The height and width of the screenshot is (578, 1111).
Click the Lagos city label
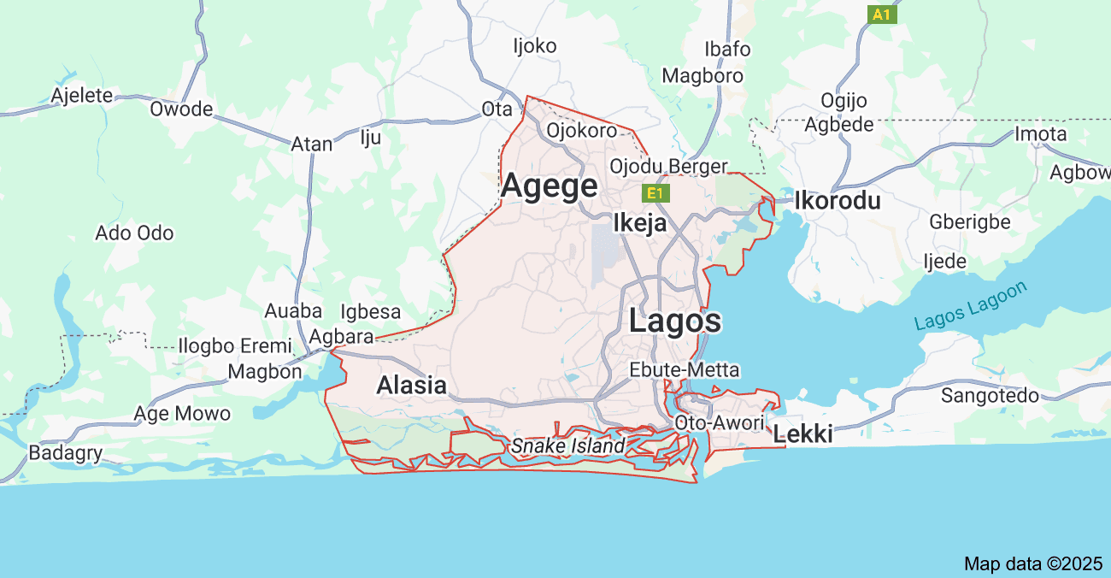pyautogui.click(x=675, y=321)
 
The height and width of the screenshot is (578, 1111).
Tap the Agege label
pyautogui.click(x=550, y=186)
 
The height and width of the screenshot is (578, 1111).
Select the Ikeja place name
pyautogui.click(x=640, y=223)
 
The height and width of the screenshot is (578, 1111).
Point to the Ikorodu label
pyautogui.click(x=837, y=201)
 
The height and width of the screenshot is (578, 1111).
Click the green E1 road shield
pyautogui.click(x=655, y=193)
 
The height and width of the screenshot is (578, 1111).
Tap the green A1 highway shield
pyautogui.click(x=882, y=15)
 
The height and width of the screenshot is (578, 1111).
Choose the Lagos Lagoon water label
pyautogui.click(x=970, y=306)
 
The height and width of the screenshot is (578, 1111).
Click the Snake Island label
pyautogui.click(x=568, y=445)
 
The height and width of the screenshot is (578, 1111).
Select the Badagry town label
pyautogui.click(x=66, y=453)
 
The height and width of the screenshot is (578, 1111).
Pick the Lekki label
pyautogui.click(x=802, y=434)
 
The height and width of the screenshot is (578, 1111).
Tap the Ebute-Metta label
pyautogui.click(x=685, y=370)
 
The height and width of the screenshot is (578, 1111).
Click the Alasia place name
pyautogui.click(x=412, y=386)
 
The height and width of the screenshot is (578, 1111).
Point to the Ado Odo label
pyautogui.click(x=134, y=233)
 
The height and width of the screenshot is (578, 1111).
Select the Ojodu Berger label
pyautogui.click(x=668, y=166)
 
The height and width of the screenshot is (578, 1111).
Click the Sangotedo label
pyautogui.click(x=990, y=395)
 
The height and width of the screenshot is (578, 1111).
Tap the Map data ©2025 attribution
pyautogui.click(x=1033, y=563)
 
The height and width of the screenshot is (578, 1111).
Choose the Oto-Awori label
pyautogui.click(x=719, y=422)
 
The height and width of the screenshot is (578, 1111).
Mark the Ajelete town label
pyautogui.click(x=82, y=95)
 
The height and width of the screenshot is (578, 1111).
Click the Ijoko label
pyautogui.click(x=534, y=45)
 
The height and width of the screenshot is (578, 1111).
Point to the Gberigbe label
pyautogui.click(x=970, y=222)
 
